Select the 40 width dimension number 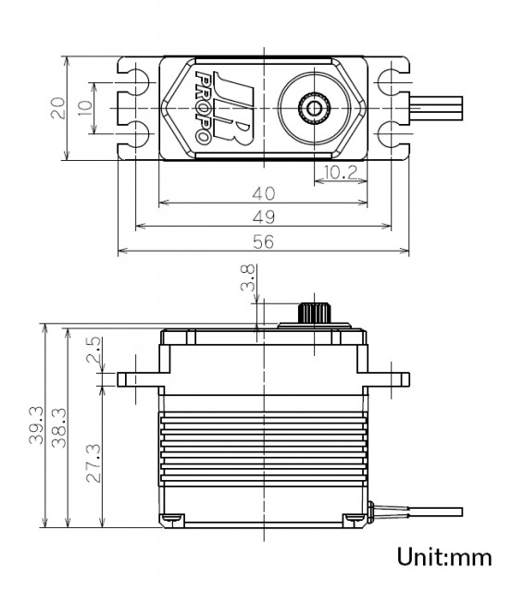click(264, 193)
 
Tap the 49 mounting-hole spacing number click(264, 217)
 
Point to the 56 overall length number click(263, 241)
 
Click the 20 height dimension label click(57, 108)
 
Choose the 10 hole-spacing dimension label click(85, 108)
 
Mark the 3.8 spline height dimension click(247, 277)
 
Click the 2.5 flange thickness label click(94, 350)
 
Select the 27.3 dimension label click(94, 462)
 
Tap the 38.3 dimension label click(58, 427)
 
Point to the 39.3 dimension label click(36, 425)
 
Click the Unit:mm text click(444, 557)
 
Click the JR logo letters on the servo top click(231, 108)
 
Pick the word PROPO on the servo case click(203, 107)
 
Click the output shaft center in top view click(314, 108)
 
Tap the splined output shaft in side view click(315, 313)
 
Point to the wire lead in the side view click(416, 512)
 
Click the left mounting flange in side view click(141, 379)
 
